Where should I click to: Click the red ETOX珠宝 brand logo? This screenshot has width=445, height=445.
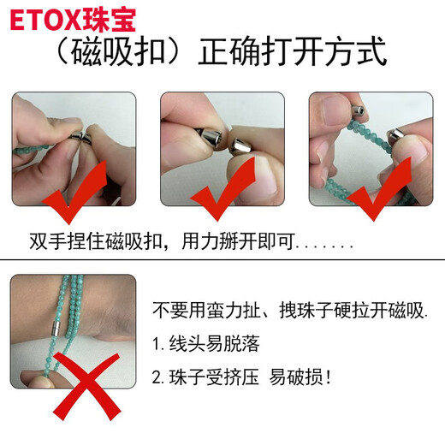tap(73, 20)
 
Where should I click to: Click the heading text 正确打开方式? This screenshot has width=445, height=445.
tap(293, 51)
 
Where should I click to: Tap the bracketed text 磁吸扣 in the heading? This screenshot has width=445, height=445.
tap(118, 52)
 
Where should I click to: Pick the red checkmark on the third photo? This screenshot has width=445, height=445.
tap(379, 189)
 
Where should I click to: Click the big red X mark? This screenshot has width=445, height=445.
tap(86, 386)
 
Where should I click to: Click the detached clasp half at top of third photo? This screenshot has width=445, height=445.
tap(358, 110)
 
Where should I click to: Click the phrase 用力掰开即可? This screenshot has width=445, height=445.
tap(238, 242)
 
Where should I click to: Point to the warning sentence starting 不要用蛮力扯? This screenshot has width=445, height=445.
tap(290, 311)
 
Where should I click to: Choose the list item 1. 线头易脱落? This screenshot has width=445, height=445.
tap(206, 344)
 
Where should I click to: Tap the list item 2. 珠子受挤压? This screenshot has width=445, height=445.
tap(205, 377)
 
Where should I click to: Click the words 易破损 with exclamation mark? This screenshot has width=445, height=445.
tap(300, 377)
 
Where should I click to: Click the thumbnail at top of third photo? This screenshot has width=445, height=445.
tap(336, 110)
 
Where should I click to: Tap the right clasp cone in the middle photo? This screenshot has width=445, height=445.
tap(240, 146)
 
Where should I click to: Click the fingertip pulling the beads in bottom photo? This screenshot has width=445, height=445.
tap(40, 380)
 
